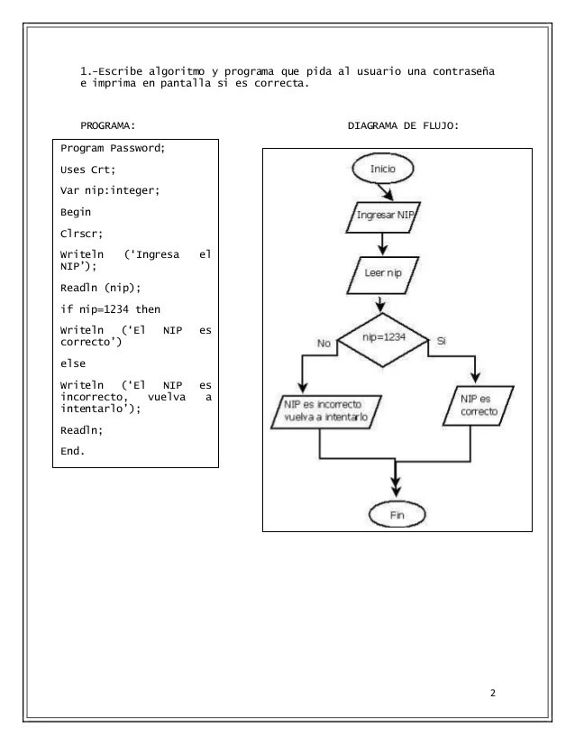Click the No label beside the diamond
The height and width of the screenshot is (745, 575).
tap(324, 343)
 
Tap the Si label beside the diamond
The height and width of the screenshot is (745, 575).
tap(440, 342)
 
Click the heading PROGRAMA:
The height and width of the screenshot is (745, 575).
tap(107, 125)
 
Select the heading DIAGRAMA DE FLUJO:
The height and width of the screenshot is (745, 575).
tap(403, 125)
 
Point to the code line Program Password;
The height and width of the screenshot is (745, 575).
tap(113, 148)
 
